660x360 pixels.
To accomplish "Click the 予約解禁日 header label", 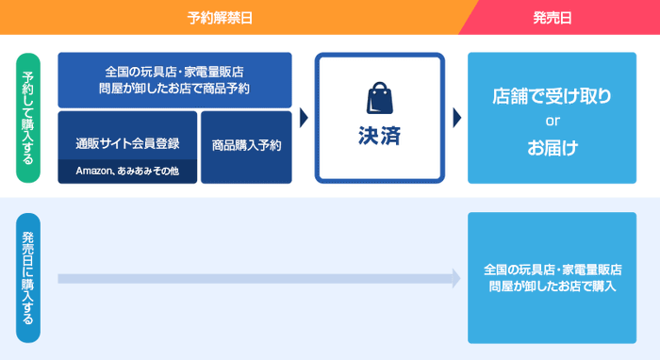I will click(x=221, y=17).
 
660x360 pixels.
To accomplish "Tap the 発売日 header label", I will click(x=553, y=17).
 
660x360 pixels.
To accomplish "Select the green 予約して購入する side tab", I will click(x=28, y=116).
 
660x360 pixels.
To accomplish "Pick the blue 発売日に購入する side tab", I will click(x=28, y=279).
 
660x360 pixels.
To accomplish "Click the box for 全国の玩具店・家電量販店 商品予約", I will click(x=174, y=80).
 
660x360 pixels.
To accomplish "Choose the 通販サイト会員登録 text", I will click(x=127, y=143).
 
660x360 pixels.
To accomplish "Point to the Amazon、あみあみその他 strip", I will click(x=127, y=172).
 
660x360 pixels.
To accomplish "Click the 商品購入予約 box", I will click(x=246, y=146).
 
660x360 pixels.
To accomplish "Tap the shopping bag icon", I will click(x=379, y=99).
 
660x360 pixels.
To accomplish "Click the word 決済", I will click(x=379, y=136).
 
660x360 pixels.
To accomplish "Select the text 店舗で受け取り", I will click(x=552, y=96).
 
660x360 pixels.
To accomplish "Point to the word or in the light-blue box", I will click(x=553, y=122).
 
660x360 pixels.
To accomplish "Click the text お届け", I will click(x=552, y=147).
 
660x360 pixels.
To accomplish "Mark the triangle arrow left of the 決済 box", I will click(x=304, y=118).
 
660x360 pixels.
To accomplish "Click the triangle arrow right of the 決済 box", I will click(x=456, y=118).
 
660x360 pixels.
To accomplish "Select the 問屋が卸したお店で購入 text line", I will click(x=552, y=286).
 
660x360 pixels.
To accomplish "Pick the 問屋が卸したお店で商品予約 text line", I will click(x=174, y=89).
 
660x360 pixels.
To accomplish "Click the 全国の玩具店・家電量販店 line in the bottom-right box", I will click(x=552, y=269).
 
